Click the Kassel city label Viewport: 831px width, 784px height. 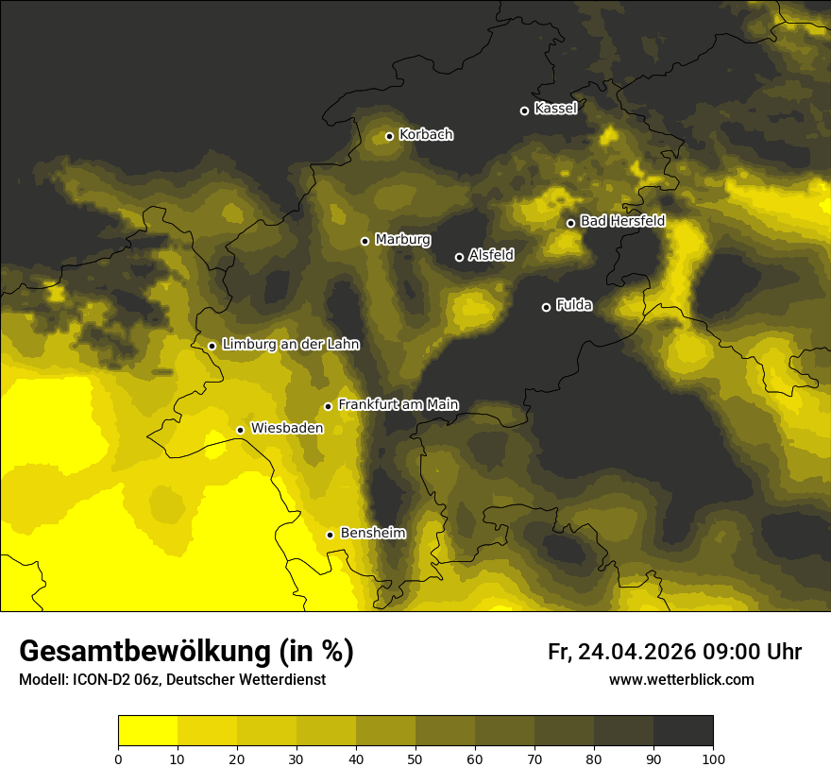555,109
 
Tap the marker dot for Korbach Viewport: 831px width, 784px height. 389,136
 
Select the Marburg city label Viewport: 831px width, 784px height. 402,240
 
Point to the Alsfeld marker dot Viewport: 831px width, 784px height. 459,257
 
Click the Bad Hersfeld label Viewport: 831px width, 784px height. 622,221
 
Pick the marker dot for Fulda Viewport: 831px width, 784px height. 546,307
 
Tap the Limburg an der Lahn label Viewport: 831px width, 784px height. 290,345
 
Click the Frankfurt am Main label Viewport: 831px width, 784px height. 398,404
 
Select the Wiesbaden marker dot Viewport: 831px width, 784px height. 240,430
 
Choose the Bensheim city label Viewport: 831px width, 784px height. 372,533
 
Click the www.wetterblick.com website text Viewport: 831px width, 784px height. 681,679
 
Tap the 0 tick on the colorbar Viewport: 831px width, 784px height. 118,758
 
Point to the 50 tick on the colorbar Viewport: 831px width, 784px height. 415,758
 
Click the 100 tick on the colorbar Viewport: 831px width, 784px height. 713,758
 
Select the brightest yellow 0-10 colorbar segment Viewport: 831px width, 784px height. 147,731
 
